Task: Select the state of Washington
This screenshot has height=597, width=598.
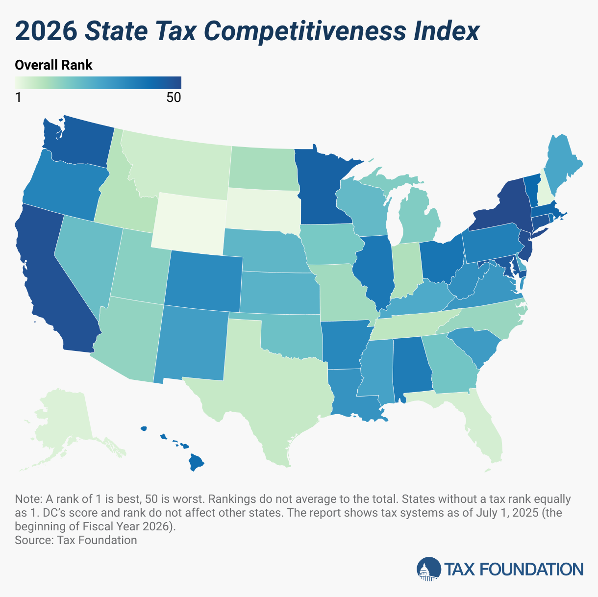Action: pos(83,142)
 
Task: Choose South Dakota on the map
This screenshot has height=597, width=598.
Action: pos(262,208)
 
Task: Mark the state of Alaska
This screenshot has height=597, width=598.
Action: pos(64,422)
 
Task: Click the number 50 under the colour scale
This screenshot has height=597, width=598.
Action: pos(174,98)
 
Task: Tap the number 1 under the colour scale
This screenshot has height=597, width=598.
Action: pos(18,98)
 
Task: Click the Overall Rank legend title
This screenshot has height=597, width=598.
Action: pos(53,65)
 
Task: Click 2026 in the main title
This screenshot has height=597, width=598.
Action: pos(47,31)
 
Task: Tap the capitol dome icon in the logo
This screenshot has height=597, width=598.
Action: pos(428,569)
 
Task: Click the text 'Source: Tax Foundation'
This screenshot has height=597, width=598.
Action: pos(76,540)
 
